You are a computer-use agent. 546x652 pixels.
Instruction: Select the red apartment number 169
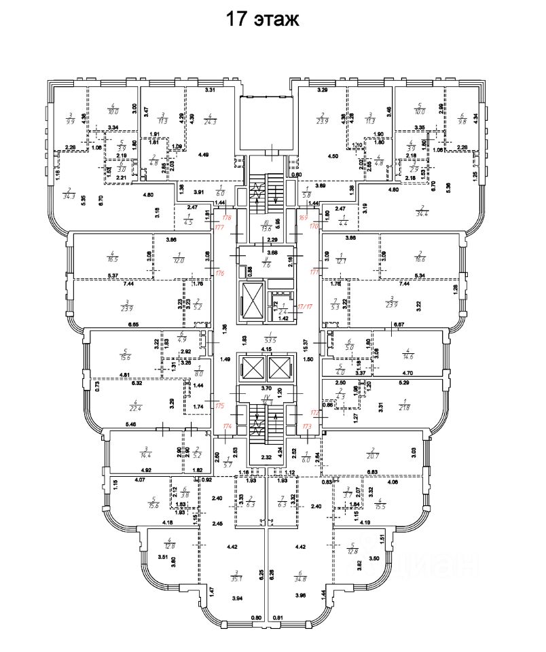pyautogui.click(x=303, y=218)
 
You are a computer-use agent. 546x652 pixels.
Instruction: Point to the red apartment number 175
pyautogui.click(x=219, y=405)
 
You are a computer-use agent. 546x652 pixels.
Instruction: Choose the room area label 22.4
pyautogui.click(x=133, y=407)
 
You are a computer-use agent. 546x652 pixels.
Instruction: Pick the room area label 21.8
pyautogui.click(x=405, y=406)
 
